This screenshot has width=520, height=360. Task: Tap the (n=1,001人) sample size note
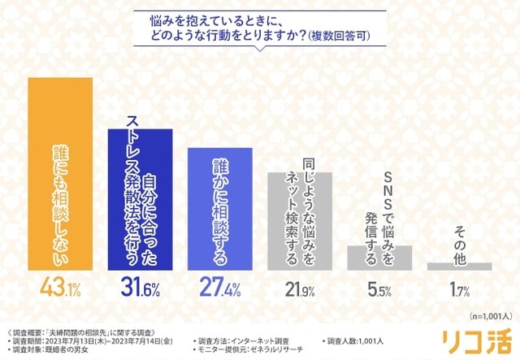coord(487,314)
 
